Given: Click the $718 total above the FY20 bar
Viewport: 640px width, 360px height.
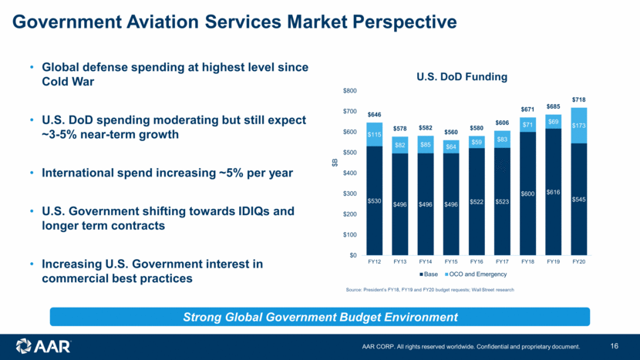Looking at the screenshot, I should tap(578, 100).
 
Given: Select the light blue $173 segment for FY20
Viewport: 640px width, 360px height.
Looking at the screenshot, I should tap(578, 125).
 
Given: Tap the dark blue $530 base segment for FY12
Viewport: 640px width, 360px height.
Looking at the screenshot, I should tap(374, 200).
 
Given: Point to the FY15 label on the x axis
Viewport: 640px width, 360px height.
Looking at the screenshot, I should tap(450, 262).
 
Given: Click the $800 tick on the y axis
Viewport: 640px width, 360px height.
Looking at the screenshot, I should tap(349, 91).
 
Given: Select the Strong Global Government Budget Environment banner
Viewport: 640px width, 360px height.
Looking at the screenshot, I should tap(319, 317).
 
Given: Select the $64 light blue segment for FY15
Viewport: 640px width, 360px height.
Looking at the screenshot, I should tap(450, 146).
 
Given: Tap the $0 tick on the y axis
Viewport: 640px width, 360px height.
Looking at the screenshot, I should tap(351, 255).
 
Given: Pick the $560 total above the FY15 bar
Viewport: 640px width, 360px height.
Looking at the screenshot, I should tap(450, 132).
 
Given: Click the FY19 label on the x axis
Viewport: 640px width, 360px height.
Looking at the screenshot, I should tap(553, 262).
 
